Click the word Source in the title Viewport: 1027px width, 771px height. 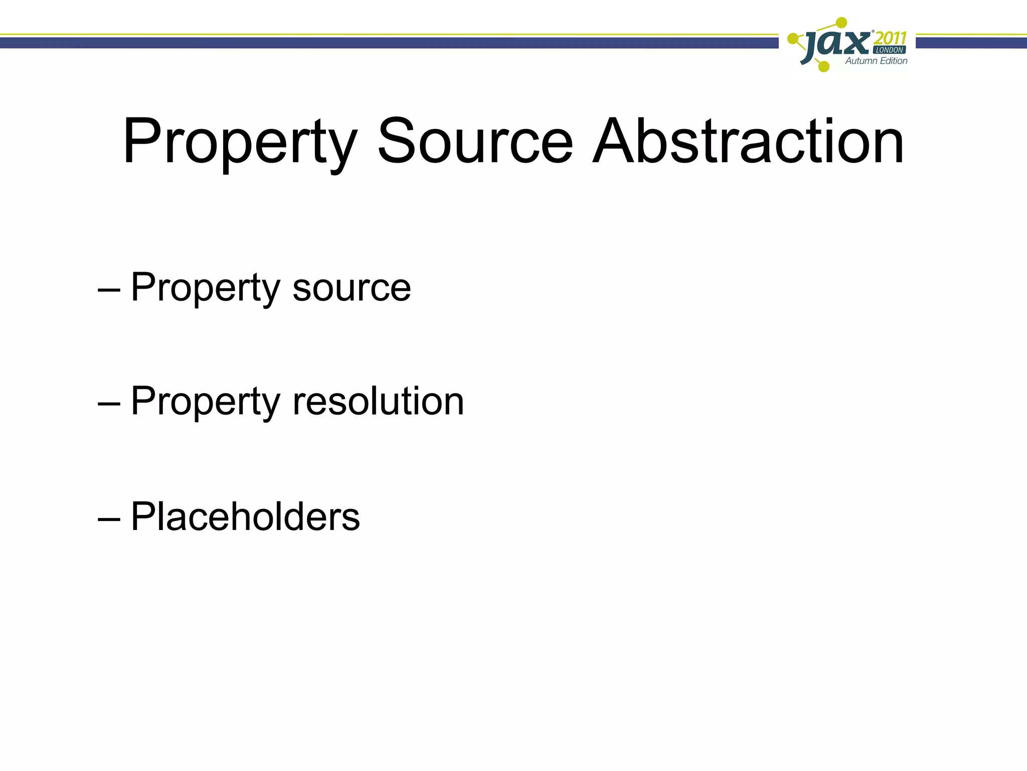tap(474, 142)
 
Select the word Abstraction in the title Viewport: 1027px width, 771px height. tap(748, 142)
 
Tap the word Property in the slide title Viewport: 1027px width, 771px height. tap(240, 143)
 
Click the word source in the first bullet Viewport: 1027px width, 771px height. tap(352, 288)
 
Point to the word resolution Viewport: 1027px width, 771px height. tap(378, 402)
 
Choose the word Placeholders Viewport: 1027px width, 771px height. tap(245, 517)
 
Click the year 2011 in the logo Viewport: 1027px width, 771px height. tap(890, 39)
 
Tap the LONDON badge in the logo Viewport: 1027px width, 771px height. tap(889, 50)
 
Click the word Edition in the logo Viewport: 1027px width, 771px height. tap(894, 61)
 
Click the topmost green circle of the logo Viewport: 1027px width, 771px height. tap(842, 23)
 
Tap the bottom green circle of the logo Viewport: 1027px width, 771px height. tap(823, 66)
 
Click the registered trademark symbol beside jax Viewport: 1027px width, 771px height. tap(873, 32)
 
